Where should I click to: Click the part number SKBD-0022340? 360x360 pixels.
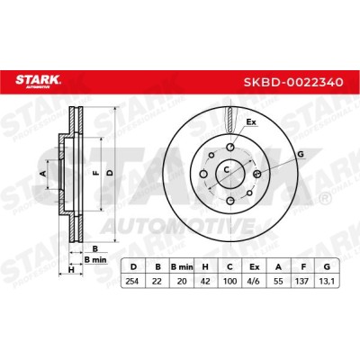[293, 82]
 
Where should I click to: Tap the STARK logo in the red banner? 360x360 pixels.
[39, 81]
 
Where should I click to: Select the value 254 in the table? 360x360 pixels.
[133, 281]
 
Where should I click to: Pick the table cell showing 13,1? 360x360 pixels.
[327, 281]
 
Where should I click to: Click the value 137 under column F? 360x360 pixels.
[303, 281]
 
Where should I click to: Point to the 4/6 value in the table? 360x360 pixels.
[254, 281]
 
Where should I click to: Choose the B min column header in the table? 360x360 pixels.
[182, 266]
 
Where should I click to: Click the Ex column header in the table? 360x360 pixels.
[254, 266]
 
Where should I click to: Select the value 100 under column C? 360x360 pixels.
[229, 281]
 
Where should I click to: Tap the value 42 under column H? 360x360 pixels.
[205, 281]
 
